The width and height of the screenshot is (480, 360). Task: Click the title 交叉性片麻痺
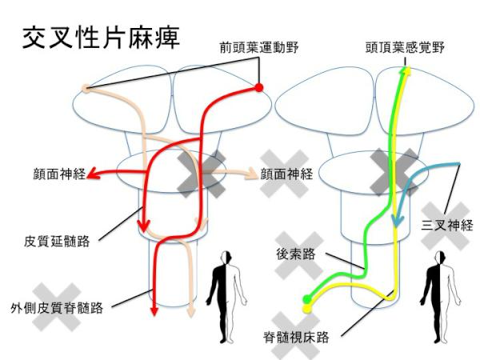point(101,38)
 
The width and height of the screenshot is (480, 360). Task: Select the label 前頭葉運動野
point(259,48)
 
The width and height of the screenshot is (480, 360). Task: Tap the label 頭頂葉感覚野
point(405,48)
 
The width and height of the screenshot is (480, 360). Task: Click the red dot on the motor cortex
point(259,88)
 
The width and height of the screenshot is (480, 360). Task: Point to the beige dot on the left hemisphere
point(86,89)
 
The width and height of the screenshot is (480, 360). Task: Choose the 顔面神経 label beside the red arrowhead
point(59,174)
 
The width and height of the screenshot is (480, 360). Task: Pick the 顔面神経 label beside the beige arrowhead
point(286,174)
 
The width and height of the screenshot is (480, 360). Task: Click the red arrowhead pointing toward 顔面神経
point(93,174)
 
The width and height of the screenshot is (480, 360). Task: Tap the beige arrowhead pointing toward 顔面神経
point(252,174)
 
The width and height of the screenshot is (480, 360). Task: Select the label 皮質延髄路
point(57,242)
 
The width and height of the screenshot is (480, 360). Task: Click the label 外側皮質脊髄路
point(57,308)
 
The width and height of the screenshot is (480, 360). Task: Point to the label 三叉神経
point(447,226)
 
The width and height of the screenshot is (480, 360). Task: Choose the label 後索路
point(295,254)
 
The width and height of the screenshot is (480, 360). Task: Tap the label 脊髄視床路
point(296,337)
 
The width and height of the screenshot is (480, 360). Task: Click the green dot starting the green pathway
point(307,298)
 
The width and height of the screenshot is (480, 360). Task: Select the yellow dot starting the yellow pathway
point(307,308)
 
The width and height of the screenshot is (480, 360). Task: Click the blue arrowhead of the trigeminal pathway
point(397,221)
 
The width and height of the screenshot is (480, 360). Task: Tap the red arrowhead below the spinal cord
point(154,311)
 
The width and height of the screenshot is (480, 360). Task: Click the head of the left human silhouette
point(227,257)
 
